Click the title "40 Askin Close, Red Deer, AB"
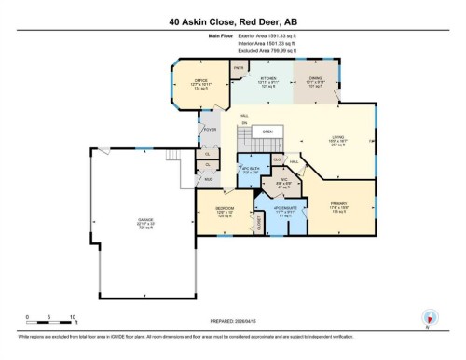[x=233, y=21]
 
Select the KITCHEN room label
[x=269, y=81]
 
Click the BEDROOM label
[x=225, y=208]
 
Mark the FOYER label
[x=212, y=130]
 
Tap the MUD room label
[x=209, y=177]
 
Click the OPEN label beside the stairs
[x=268, y=132]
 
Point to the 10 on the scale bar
[x=73, y=318]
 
